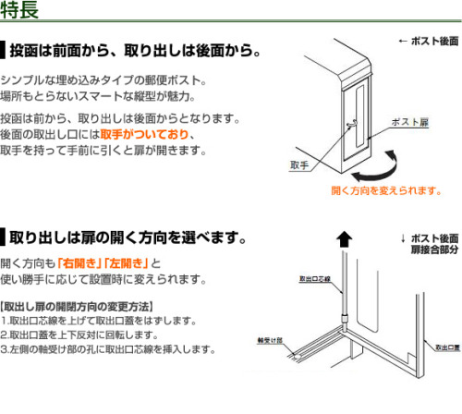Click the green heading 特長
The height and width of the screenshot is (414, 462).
tap(19, 10)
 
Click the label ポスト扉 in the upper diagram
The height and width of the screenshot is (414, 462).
tap(410, 122)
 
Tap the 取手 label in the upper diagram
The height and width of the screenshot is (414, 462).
tap(299, 165)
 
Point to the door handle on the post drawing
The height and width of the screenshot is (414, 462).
tap(352, 123)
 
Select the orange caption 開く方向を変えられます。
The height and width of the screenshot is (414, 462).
tap(386, 190)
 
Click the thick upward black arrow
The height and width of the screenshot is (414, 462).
tap(344, 239)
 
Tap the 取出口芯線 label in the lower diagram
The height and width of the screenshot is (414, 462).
tap(315, 279)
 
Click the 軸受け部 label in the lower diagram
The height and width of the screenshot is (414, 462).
tap(270, 340)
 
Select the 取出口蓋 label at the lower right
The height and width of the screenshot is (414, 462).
tap(447, 347)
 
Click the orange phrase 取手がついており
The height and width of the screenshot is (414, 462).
tap(144, 134)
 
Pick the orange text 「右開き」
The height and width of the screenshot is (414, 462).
tap(80, 263)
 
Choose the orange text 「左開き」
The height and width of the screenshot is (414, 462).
tap(127, 263)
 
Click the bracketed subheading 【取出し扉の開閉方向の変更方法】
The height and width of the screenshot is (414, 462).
tap(77, 307)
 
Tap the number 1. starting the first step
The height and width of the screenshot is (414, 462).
tap(5, 321)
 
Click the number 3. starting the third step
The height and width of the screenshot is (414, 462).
tap(5, 349)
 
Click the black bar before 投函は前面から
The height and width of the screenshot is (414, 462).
tap(3, 50)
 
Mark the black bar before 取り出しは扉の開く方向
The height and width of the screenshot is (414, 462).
tap(3, 237)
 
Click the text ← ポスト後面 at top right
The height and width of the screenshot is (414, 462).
tap(429, 41)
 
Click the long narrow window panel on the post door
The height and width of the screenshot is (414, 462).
tap(359, 116)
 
